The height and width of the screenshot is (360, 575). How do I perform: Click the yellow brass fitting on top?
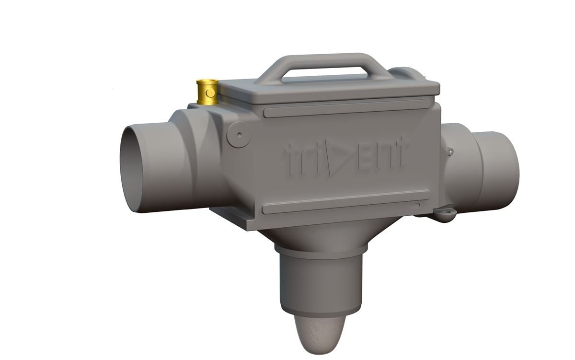pyautogui.click(x=207, y=92)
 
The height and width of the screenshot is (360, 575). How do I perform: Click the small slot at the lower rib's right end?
pyautogui.click(x=414, y=205)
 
